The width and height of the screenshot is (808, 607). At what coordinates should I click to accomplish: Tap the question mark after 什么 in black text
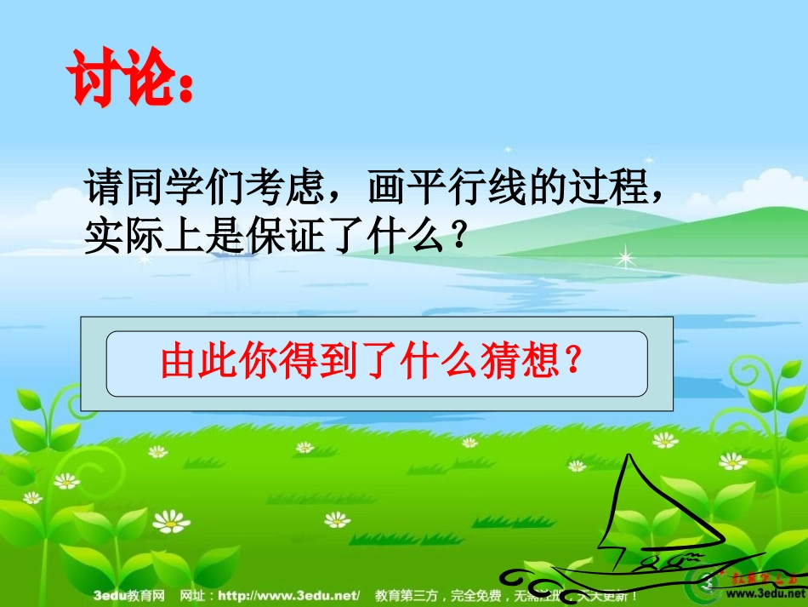click(459, 235)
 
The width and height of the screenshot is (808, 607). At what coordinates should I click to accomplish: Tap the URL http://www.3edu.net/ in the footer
click(289, 596)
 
